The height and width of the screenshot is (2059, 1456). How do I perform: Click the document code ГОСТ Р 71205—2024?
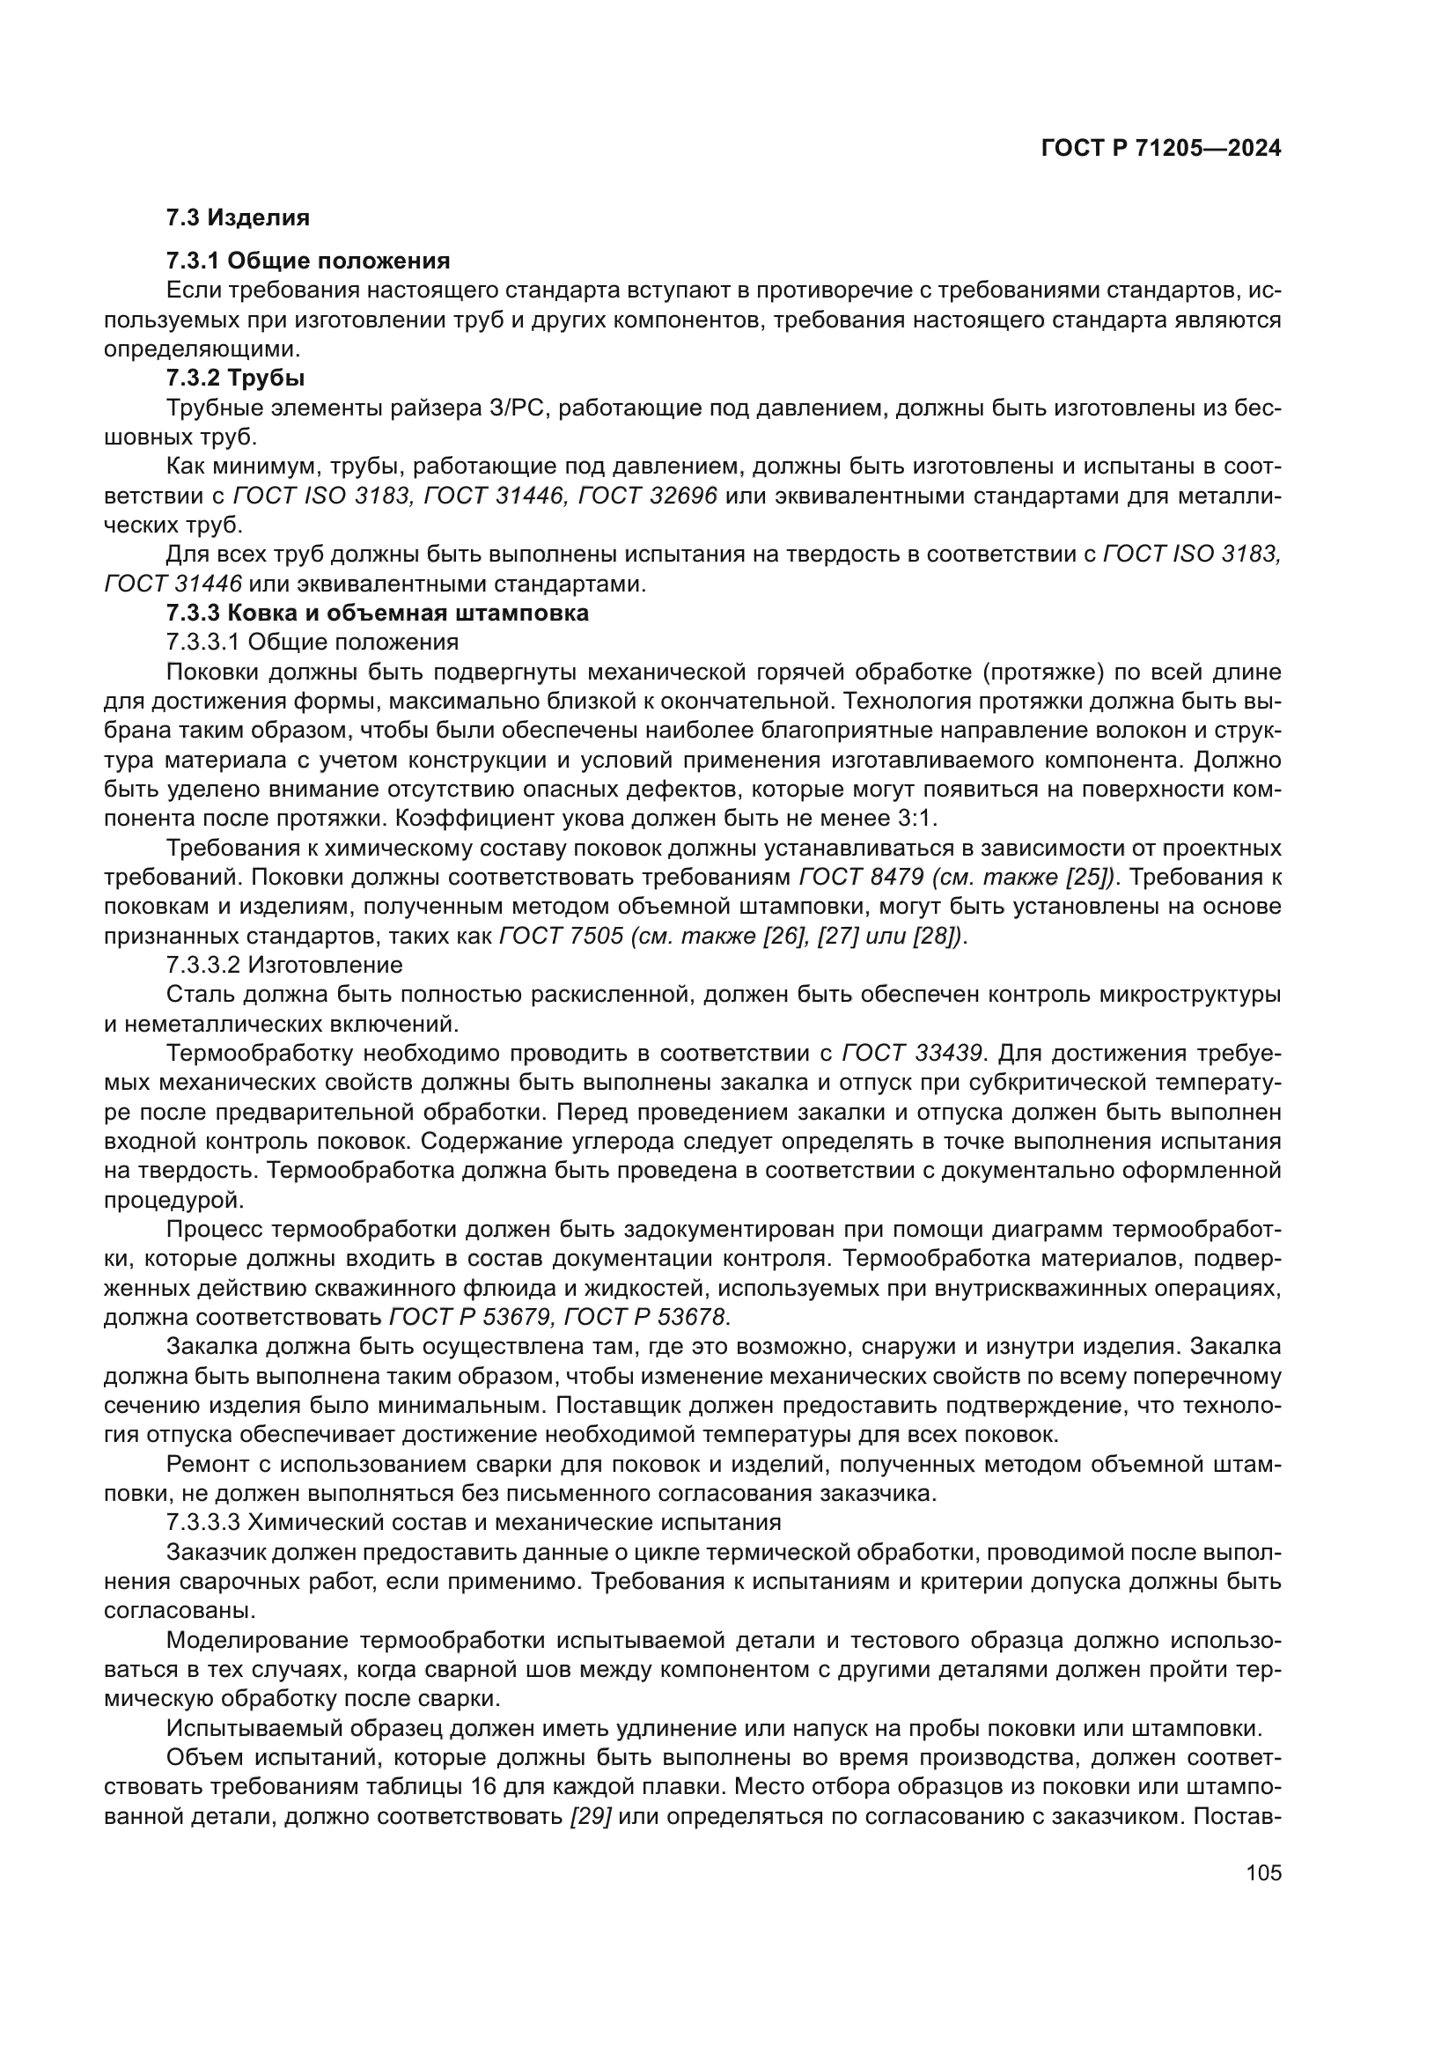(x=1160, y=149)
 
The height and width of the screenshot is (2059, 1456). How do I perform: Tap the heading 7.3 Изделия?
(x=238, y=218)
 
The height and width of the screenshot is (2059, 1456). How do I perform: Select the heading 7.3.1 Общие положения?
(x=307, y=261)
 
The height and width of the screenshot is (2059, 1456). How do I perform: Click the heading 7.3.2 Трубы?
(x=235, y=379)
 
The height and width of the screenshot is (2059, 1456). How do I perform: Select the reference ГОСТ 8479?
(x=861, y=877)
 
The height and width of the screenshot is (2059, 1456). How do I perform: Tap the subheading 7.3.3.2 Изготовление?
(x=284, y=965)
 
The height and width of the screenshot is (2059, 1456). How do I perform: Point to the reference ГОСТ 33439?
(x=914, y=1053)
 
